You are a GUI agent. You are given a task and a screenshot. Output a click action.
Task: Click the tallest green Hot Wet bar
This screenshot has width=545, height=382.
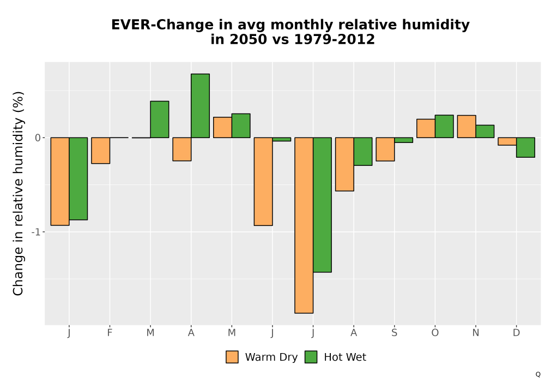[x=200, y=106]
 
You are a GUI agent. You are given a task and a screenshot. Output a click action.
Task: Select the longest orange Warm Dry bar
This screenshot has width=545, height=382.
[x=304, y=225]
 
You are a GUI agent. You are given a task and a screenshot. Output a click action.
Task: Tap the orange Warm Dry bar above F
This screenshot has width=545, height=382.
[x=101, y=151]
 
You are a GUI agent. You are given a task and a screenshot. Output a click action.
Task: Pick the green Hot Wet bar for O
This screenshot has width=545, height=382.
[x=444, y=126]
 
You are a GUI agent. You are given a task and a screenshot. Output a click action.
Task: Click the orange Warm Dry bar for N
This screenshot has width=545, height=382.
[x=467, y=127]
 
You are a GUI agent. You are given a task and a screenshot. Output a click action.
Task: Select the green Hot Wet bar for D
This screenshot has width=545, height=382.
[x=525, y=147]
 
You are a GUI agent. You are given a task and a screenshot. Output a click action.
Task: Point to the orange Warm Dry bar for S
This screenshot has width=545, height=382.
[x=385, y=149]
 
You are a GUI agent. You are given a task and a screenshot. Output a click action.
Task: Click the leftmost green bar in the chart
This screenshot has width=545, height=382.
[x=78, y=179]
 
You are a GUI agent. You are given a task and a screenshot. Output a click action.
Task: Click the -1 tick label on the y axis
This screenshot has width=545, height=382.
[x=36, y=232]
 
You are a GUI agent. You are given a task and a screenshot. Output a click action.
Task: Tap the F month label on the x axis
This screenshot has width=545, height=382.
[x=110, y=333]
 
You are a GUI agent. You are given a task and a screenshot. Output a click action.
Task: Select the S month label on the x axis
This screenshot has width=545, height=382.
[x=394, y=333]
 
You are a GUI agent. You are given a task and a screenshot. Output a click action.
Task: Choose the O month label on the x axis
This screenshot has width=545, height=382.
[x=435, y=333]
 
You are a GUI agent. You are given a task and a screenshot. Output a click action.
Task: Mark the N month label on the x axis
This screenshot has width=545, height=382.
[x=475, y=333]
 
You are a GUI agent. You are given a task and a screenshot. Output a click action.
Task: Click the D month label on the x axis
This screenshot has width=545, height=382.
[x=517, y=333]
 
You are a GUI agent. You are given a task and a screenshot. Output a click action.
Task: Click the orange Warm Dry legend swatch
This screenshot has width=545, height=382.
[x=232, y=357]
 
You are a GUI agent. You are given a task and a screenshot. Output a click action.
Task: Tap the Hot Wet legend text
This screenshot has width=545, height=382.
[x=345, y=357]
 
